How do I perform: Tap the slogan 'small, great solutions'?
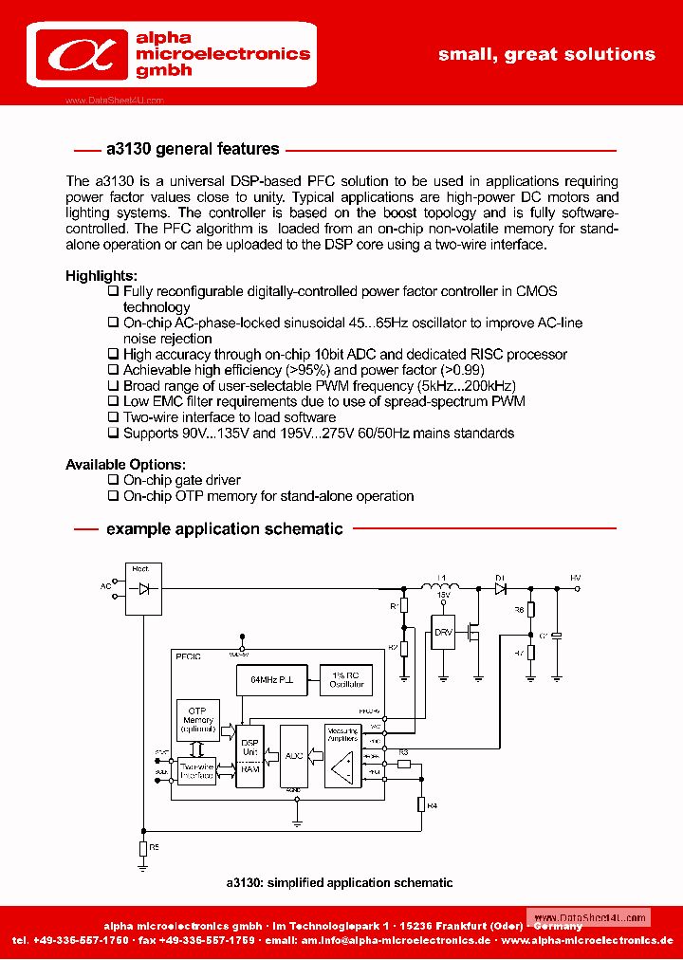pyautogui.click(x=546, y=54)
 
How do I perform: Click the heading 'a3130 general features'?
pyautogui.click(x=193, y=149)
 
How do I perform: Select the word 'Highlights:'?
pyautogui.click(x=102, y=276)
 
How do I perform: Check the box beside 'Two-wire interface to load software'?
pyautogui.click(x=114, y=417)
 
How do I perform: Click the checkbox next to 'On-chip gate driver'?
pyautogui.click(x=114, y=480)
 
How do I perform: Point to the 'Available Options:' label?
pyautogui.click(x=125, y=465)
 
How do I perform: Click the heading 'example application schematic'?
pyautogui.click(x=224, y=528)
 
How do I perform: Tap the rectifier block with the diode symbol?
pyautogui.click(x=143, y=588)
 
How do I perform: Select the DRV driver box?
pyautogui.click(x=443, y=632)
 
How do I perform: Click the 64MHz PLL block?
pyautogui.click(x=271, y=680)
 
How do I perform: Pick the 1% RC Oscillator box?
pyautogui.click(x=345, y=680)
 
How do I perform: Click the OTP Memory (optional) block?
pyautogui.click(x=197, y=722)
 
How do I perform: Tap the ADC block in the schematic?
pyautogui.click(x=294, y=756)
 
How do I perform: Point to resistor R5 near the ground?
pyautogui.click(x=143, y=847)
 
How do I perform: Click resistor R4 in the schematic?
pyautogui.click(x=422, y=804)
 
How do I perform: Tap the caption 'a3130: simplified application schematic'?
pyautogui.click(x=340, y=883)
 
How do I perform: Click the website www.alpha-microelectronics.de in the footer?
pyautogui.click(x=587, y=940)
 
